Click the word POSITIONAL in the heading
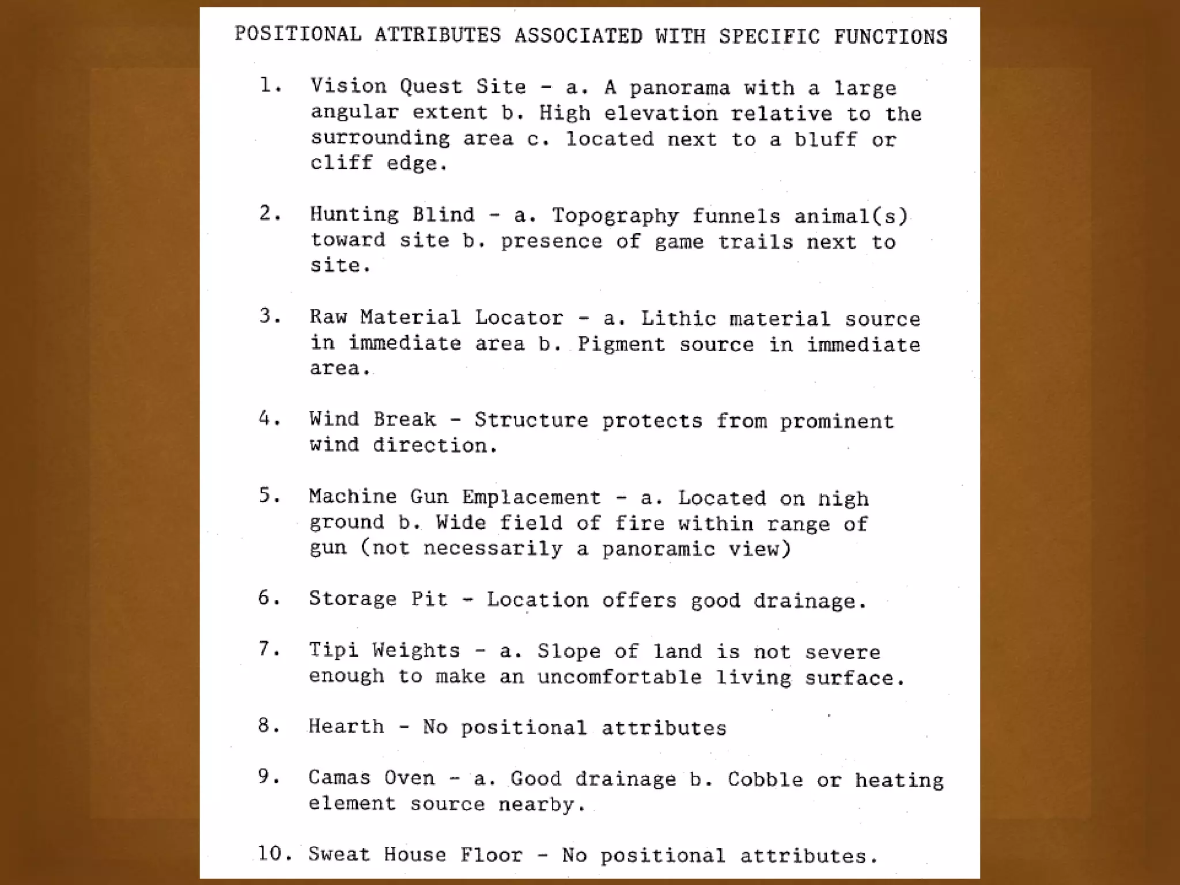coord(298,35)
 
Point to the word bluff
coord(826,139)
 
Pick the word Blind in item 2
coord(443,215)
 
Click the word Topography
coord(615,216)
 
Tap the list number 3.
coord(269,316)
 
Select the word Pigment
coord(621,345)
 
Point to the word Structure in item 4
coord(531,420)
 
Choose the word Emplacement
coord(531,497)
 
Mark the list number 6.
coord(269,598)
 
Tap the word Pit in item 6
coord(429,599)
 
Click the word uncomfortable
coord(619,677)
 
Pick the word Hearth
coord(346,727)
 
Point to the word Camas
coord(339,778)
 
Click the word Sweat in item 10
coord(339,854)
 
